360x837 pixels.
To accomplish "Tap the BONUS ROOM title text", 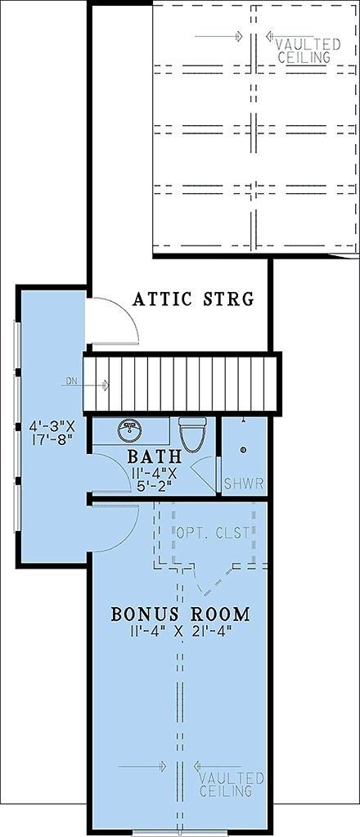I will point(180,613).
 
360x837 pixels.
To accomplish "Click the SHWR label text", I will point(244,484).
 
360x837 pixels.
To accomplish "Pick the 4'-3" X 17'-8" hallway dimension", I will point(52,432).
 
